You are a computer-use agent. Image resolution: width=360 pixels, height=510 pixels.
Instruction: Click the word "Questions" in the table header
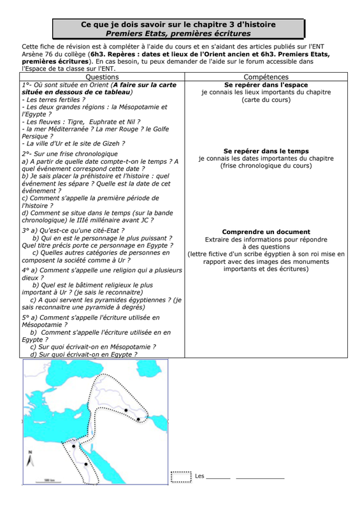coord(102,77)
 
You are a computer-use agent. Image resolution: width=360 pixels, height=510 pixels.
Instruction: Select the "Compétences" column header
coord(266,77)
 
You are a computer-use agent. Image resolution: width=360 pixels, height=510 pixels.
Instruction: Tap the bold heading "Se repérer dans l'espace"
coord(266,85)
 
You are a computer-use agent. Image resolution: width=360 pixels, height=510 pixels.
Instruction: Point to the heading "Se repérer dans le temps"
coord(266,151)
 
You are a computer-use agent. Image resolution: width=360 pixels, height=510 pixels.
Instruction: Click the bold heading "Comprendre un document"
coord(266,232)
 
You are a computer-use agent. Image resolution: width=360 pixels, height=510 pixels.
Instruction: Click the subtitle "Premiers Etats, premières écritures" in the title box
coord(178,34)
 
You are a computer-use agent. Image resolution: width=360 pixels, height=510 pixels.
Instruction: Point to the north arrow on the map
coord(30,458)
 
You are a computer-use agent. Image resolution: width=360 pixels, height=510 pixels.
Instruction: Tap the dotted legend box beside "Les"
coord(181,477)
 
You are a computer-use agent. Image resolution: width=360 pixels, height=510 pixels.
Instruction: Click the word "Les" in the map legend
coord(199,476)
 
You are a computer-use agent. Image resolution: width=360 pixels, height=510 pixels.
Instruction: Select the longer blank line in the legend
coord(260,479)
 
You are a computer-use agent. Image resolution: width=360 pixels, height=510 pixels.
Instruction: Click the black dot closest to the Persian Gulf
coord(138,419)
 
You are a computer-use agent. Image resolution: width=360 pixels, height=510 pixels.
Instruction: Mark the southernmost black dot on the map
coord(86,464)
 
